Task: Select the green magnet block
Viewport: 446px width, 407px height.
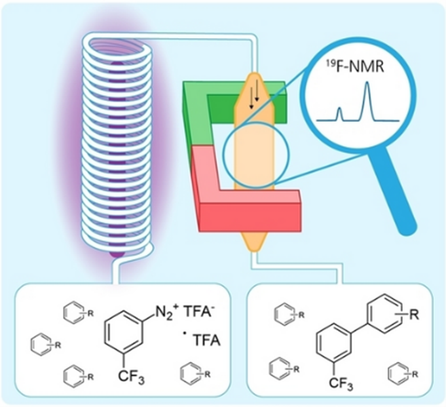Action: coord(203,105)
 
